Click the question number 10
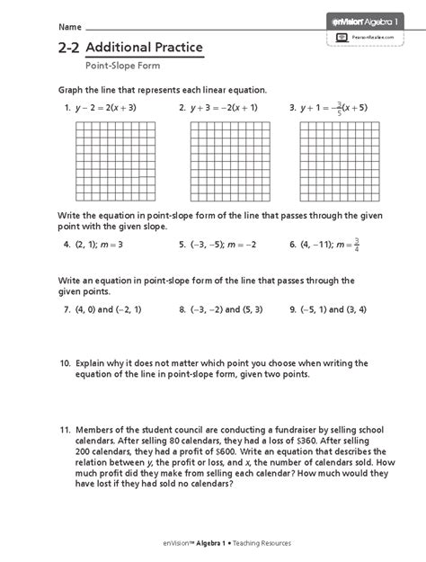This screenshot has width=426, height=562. tap(65, 363)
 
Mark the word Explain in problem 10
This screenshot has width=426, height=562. tap(92, 363)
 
